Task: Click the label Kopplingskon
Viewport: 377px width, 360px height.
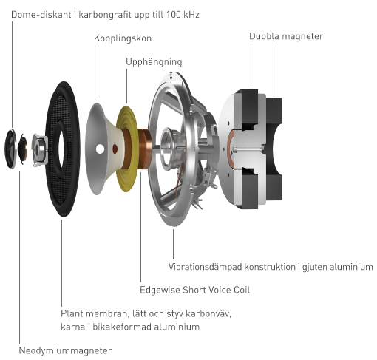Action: [123, 38]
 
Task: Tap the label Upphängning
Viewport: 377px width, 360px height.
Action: [154, 62]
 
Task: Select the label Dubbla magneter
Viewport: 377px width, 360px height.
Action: [286, 36]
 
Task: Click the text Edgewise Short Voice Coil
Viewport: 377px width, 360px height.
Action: [194, 290]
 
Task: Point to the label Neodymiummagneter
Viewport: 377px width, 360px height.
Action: [65, 350]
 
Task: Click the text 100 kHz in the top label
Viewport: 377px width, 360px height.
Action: [183, 15]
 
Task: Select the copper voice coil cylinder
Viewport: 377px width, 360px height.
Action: [145, 150]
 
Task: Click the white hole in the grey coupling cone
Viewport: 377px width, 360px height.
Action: [100, 149]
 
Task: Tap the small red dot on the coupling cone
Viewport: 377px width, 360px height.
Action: [115, 149]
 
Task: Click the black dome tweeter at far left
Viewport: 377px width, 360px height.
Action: [10, 149]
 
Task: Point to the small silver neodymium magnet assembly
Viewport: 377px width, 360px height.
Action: [40, 150]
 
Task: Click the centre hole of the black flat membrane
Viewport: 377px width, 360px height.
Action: [61, 147]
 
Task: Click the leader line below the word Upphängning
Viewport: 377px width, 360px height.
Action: [127, 86]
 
